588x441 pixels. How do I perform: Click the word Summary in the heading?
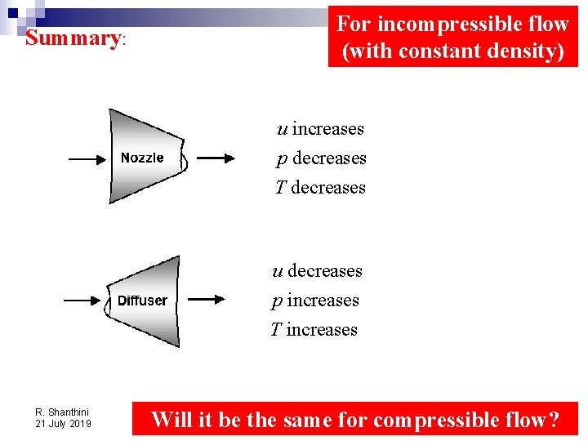pos(73,38)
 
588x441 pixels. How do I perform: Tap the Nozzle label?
pos(142,158)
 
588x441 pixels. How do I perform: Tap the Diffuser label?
pos(142,301)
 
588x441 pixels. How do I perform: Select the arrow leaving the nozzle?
pos(216,159)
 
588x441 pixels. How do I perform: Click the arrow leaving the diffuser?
pos(205,300)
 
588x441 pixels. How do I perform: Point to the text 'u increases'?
pos(320,129)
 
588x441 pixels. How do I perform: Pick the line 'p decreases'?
pos(322,158)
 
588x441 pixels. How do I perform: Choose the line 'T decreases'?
pos(320,188)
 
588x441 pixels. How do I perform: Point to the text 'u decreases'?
pos(317,271)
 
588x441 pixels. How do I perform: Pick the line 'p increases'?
pos(315,301)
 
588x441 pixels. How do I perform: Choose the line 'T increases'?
pos(314,330)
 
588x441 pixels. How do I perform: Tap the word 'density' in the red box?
pos(520,51)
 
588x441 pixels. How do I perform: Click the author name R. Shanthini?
pos(62,412)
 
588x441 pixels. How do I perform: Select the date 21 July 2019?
pos(63,424)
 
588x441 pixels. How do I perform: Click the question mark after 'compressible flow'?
pos(553,421)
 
